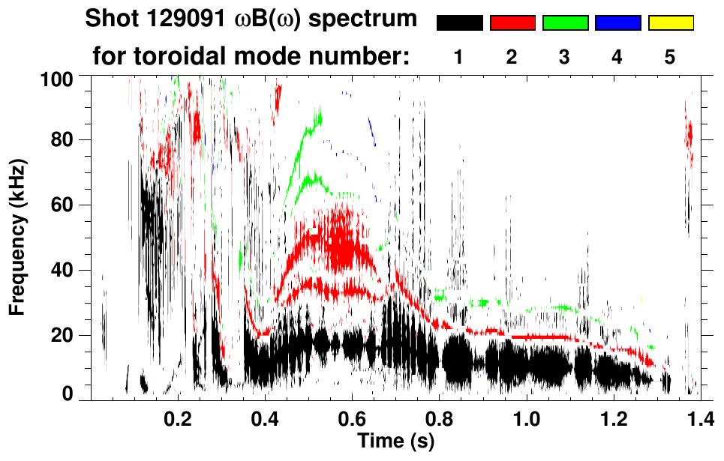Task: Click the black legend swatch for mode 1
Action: [x=459, y=23]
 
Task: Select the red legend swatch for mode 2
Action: [x=512, y=23]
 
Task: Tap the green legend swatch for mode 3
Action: [x=565, y=23]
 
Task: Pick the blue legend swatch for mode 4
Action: [x=617, y=23]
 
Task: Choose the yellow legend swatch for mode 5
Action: [x=671, y=23]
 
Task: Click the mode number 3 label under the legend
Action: [x=565, y=57]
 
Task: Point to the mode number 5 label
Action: [x=670, y=57]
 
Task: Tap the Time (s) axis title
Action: [x=395, y=442]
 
